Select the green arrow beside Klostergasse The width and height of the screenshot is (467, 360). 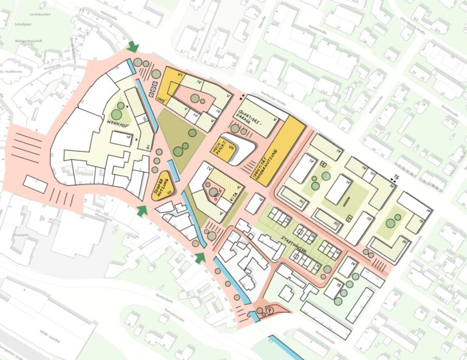(x=142, y=210)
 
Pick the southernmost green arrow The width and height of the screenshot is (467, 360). (x=200, y=258)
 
